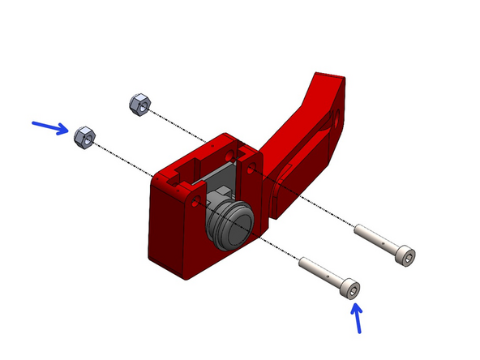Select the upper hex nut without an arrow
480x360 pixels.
click(139, 103)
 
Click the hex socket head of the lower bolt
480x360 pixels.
click(351, 288)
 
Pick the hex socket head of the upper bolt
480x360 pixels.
click(407, 256)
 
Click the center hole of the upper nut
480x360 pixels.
click(139, 103)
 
